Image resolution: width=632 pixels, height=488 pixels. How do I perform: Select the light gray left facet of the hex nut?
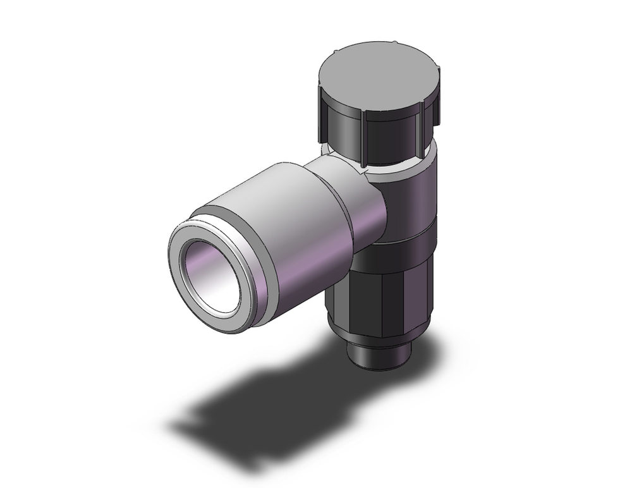coord(338,291)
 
